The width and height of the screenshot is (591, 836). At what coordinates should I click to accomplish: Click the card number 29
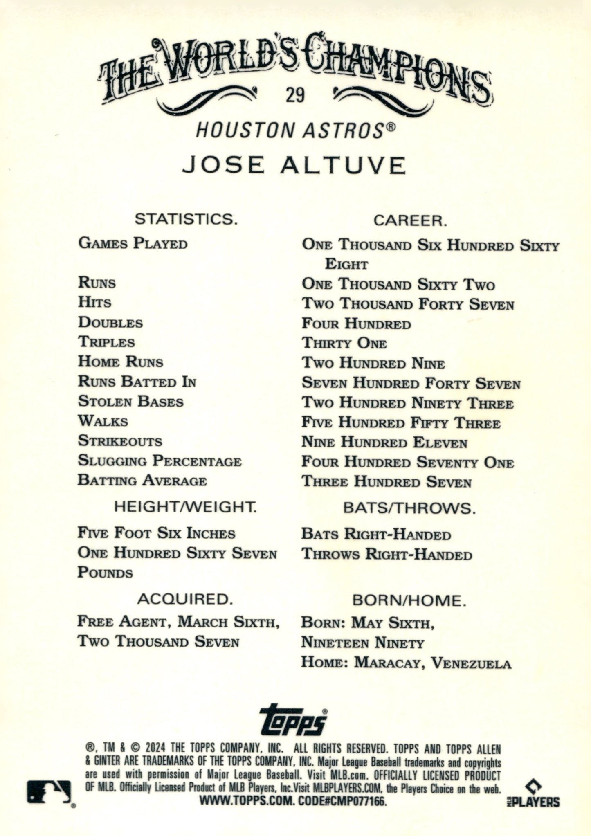295,96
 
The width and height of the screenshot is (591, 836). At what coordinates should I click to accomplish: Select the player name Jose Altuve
294,166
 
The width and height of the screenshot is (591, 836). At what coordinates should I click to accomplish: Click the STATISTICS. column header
186,219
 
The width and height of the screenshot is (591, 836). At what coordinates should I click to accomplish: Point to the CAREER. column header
410,221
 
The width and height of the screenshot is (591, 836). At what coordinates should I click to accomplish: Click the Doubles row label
110,323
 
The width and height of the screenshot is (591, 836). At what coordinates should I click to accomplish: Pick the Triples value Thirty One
344,343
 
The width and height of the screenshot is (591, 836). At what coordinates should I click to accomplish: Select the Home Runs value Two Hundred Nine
373,363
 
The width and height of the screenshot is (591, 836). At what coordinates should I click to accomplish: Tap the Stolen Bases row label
130,402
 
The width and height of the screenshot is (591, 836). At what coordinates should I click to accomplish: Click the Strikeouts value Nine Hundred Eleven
384,443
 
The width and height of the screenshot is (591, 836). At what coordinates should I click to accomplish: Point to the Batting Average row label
142,481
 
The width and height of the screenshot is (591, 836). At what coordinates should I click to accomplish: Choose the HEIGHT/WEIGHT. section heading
185,507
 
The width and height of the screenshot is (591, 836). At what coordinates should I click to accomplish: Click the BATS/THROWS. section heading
409,508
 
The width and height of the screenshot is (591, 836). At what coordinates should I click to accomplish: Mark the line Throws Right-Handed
387,555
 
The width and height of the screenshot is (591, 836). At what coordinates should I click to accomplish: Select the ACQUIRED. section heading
185,599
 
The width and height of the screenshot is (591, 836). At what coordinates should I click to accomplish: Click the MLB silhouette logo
49,791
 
